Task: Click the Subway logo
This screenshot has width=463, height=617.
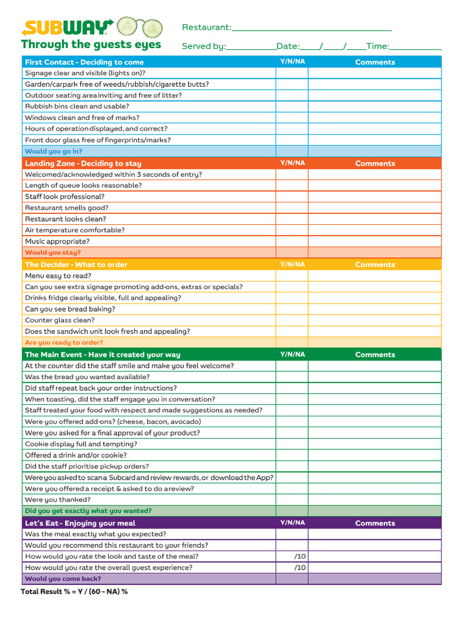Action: tap(67, 27)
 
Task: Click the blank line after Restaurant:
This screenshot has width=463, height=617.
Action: tap(311, 28)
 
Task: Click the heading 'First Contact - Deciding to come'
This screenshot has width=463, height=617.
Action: tap(84, 62)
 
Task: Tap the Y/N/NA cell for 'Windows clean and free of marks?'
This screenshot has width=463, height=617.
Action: tap(292, 117)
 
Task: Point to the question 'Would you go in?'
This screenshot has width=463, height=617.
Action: tap(54, 151)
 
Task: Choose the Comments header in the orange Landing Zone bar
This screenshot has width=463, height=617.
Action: tap(375, 163)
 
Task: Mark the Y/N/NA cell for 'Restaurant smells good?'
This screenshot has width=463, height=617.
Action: tap(292, 208)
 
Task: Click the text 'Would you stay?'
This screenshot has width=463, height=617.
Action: tap(52, 252)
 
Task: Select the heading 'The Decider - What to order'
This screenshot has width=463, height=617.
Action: tap(76, 265)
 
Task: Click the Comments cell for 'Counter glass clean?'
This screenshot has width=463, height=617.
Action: tap(374, 320)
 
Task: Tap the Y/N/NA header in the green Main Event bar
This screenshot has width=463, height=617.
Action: tap(292, 354)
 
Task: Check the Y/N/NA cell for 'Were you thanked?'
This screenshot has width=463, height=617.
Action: tap(292, 500)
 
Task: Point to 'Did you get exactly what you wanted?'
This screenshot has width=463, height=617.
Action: tap(88, 511)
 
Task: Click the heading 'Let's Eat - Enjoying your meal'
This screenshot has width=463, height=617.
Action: tap(80, 523)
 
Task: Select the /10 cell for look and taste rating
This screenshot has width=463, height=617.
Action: tap(292, 556)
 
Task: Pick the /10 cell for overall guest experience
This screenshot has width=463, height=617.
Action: tap(292, 568)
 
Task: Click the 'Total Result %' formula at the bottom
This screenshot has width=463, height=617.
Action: tap(74, 592)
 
